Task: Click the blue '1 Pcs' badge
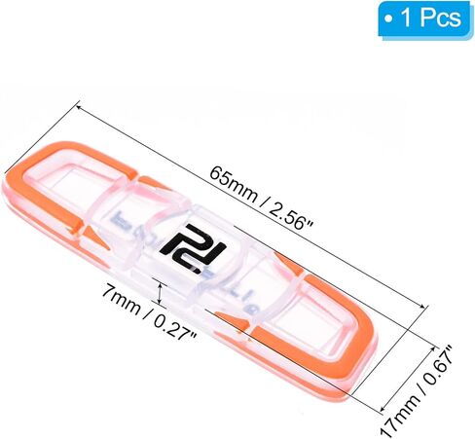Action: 424,19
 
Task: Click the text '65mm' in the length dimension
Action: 233,183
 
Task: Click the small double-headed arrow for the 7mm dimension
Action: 160,293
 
